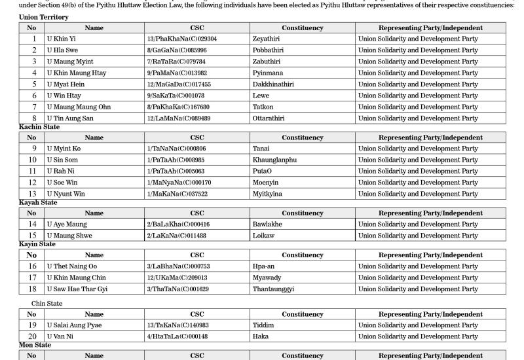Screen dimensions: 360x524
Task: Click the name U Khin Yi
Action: click(61, 39)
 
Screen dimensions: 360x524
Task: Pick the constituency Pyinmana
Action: click(268, 73)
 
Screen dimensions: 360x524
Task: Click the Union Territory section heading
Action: click(43, 17)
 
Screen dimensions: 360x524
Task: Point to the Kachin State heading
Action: click(39, 127)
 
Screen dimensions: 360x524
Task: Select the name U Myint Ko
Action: click(64, 149)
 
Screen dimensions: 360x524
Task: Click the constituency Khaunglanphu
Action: click(274, 160)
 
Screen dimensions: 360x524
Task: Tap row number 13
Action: click(31, 194)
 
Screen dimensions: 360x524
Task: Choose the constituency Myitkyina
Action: click(269, 194)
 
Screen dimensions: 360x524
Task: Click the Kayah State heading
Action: click(37, 203)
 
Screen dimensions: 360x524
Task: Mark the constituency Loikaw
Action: click(263, 236)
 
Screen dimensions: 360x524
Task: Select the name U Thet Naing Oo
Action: click(71, 266)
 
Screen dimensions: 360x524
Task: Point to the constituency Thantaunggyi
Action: click(273, 289)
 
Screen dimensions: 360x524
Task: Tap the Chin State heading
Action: click(47, 304)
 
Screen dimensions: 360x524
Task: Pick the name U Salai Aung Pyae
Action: click(74, 325)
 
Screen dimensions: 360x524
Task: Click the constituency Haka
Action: click(260, 336)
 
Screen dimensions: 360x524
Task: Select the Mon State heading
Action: click(35, 345)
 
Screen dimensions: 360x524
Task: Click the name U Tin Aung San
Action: click(69, 118)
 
